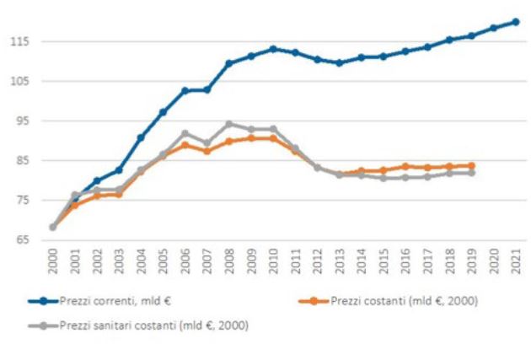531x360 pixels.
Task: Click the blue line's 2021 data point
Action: [515, 22]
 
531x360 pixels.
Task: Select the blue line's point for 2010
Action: [273, 49]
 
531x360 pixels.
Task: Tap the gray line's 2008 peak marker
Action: [229, 124]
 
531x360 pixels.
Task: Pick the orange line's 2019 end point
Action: [471, 165]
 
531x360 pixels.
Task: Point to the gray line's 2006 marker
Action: [185, 133]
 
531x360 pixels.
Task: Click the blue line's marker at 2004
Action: [141, 137]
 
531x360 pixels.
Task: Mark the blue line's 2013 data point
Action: [339, 62]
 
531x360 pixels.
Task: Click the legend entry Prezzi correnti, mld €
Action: [123, 300]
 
